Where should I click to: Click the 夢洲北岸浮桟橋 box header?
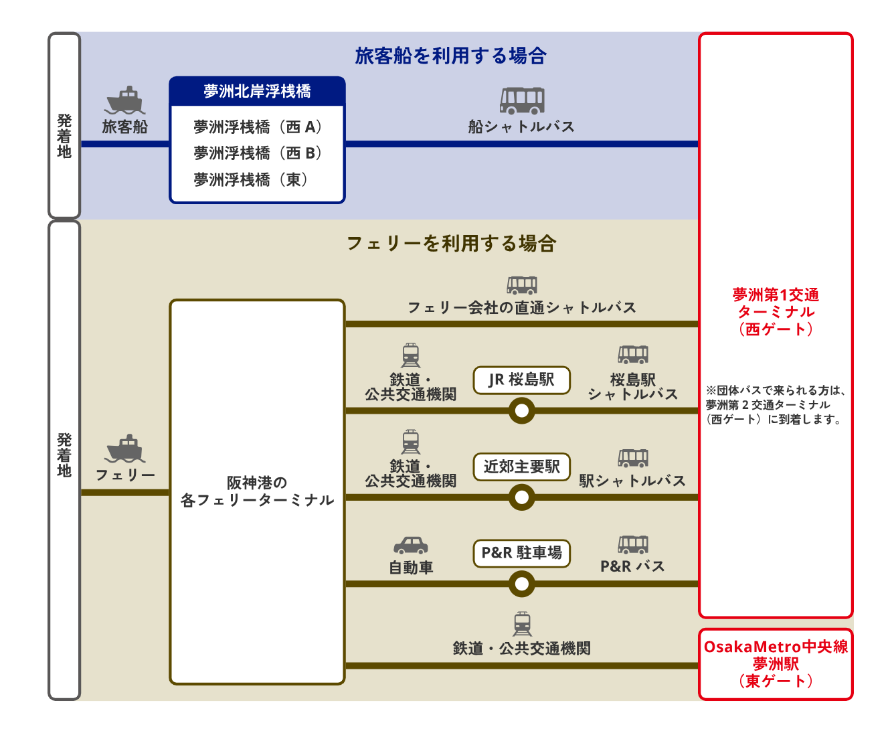(257, 91)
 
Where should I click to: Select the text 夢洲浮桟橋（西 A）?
(258, 127)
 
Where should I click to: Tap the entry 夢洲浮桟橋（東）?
(251, 179)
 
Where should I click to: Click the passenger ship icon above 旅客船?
(125, 101)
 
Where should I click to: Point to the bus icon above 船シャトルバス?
(522, 100)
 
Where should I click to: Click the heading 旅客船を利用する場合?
(450, 56)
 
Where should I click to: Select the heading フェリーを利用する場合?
(451, 243)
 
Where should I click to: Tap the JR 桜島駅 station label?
(521, 380)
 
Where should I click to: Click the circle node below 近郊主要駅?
(521, 497)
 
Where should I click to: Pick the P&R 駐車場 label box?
(521, 553)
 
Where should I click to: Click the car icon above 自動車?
(410, 545)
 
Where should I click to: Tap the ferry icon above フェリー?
(125, 449)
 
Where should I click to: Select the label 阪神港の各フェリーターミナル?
(257, 491)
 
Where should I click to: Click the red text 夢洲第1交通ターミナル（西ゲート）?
(776, 312)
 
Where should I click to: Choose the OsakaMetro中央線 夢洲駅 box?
(776, 663)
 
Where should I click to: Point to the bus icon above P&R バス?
(633, 544)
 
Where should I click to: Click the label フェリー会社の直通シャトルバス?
(521, 307)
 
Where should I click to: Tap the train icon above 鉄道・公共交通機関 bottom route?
(522, 623)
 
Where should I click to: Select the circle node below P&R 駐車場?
(521, 584)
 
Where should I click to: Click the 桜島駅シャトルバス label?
(632, 387)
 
